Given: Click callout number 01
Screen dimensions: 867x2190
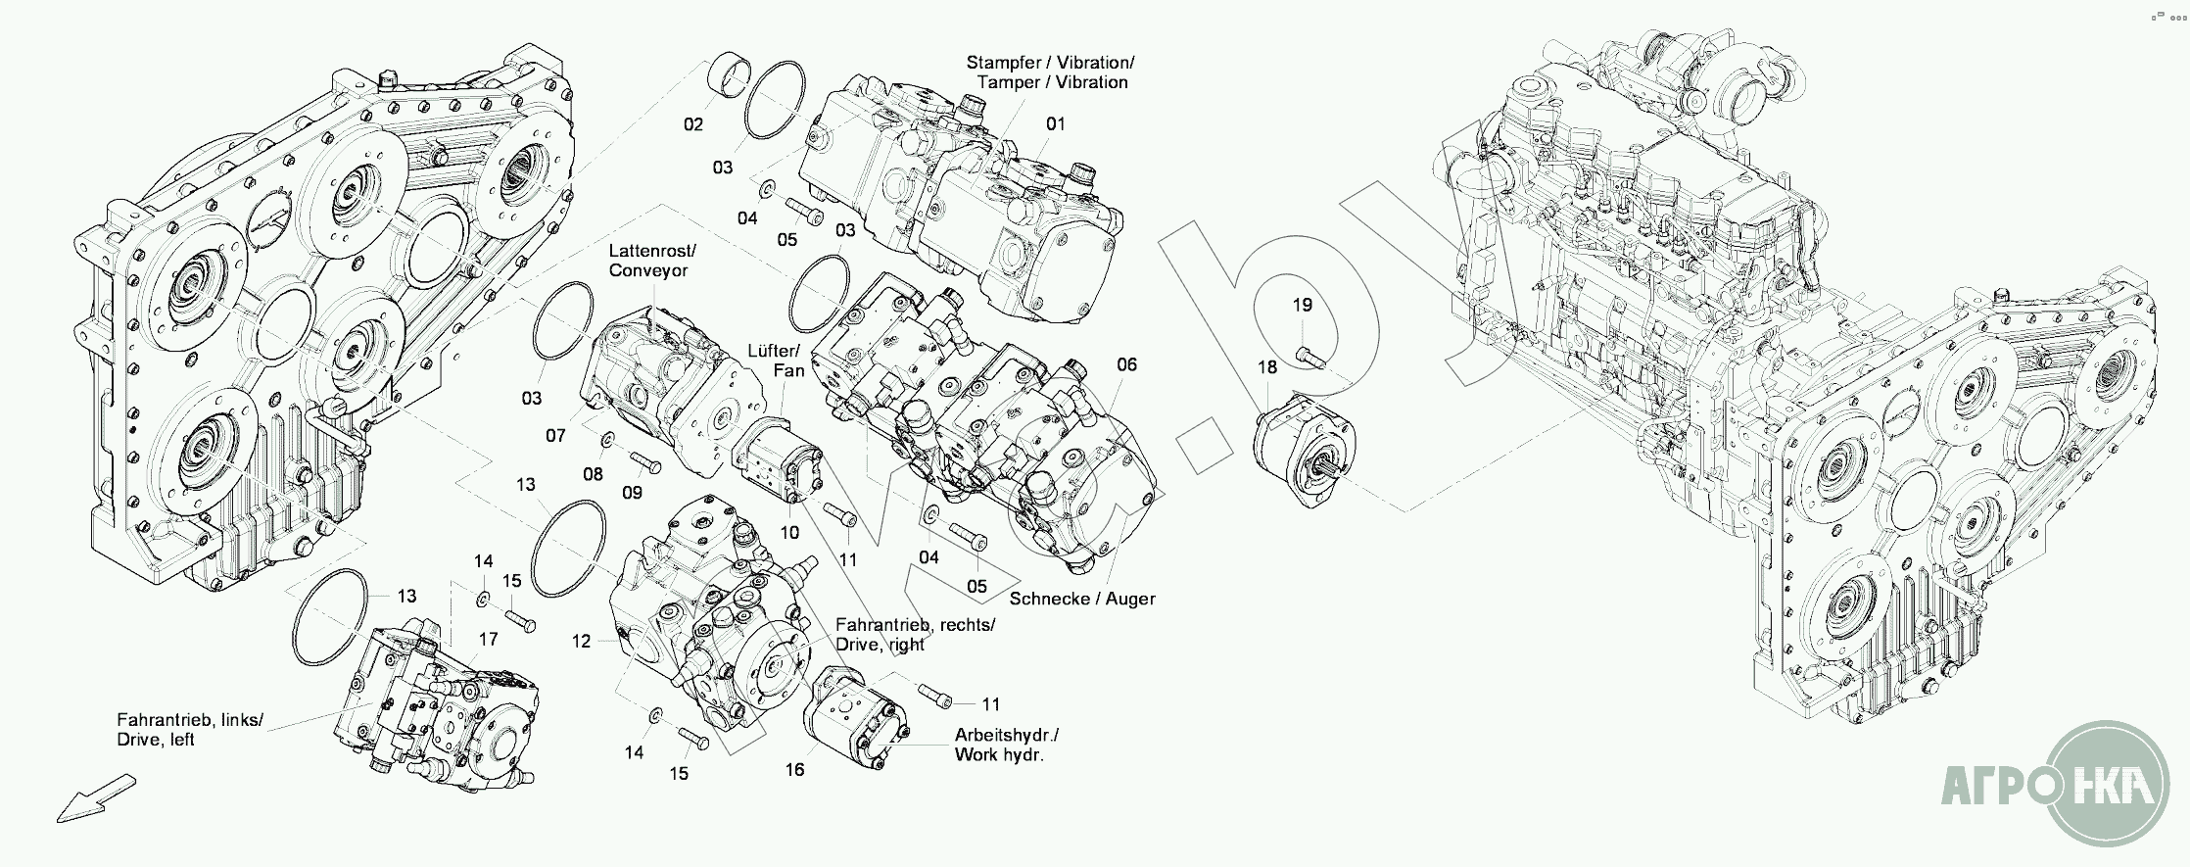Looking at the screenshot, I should coord(1055,124).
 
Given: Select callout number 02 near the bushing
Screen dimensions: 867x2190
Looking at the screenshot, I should coord(693,124).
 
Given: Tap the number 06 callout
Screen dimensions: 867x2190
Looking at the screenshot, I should coord(1126,365).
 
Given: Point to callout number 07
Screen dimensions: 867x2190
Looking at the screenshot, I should coord(555,436).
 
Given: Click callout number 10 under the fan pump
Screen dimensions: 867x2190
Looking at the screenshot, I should coord(789,533).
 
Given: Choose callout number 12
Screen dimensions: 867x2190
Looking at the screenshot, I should coord(582,642).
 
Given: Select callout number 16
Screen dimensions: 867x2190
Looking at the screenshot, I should coord(794,770).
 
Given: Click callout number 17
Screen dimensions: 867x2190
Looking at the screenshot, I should coord(488,640).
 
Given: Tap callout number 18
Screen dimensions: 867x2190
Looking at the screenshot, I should coord(1267,368).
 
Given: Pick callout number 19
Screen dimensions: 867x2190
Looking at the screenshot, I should coord(1302,306).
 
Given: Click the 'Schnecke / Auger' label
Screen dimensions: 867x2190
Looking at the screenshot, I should coord(1082,599).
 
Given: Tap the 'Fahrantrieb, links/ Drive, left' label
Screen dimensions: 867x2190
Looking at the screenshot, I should coord(190,730).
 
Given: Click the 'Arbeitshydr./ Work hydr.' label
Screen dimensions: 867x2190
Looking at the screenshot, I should coord(1006,745).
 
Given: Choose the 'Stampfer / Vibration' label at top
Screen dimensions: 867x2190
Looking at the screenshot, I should coord(1050,72).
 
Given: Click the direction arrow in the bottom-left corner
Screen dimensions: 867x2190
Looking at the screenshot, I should coord(95,796).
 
